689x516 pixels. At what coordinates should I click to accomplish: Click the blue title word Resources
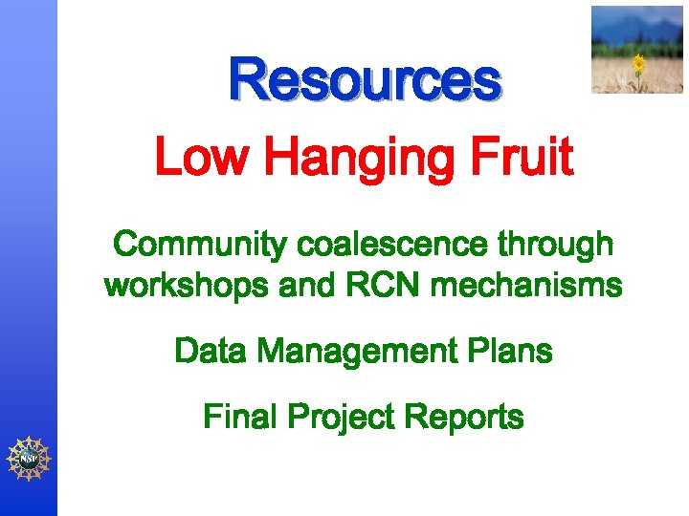click(x=364, y=80)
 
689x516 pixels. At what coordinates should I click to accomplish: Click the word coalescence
click(x=392, y=245)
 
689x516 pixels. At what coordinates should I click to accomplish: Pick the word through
click(x=556, y=246)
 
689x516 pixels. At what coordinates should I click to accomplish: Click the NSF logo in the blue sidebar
click(x=28, y=458)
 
